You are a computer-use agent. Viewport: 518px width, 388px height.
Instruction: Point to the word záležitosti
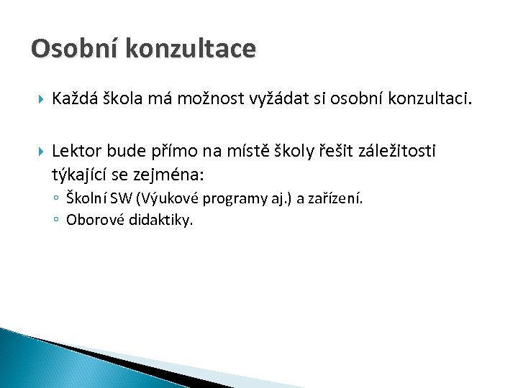click(x=399, y=151)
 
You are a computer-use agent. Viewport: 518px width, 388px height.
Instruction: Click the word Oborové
click(x=92, y=220)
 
